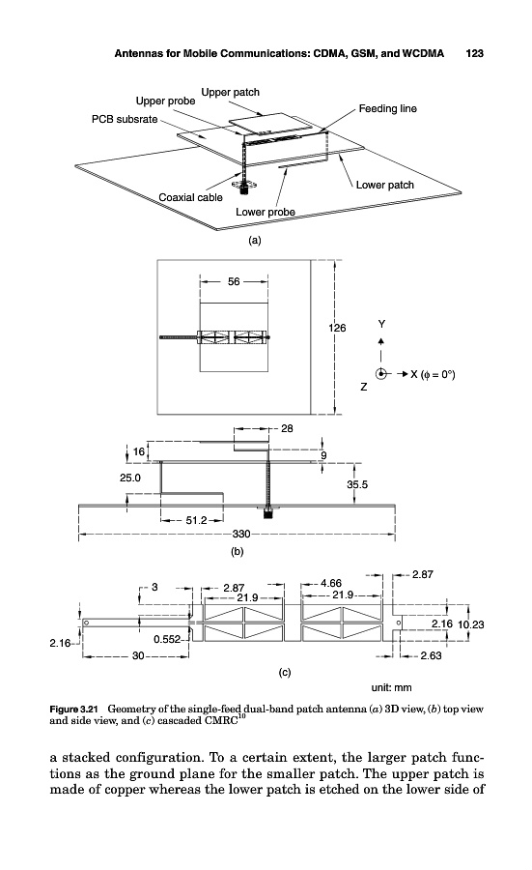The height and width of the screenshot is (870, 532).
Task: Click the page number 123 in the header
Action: (x=474, y=53)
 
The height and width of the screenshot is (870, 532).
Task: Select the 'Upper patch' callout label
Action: (x=230, y=92)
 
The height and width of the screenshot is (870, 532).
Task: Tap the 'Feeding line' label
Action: (x=387, y=108)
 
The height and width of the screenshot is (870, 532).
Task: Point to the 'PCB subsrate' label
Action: (x=125, y=119)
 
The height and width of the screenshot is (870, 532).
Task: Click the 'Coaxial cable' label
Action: (x=190, y=197)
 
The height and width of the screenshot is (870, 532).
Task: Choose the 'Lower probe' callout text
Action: (x=265, y=212)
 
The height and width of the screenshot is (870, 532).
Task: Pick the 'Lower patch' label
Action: (x=384, y=185)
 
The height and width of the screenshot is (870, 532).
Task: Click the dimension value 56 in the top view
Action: (x=234, y=282)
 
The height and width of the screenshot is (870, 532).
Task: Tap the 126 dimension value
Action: (x=337, y=328)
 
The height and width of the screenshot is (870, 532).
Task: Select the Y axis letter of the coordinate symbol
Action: (x=381, y=324)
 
